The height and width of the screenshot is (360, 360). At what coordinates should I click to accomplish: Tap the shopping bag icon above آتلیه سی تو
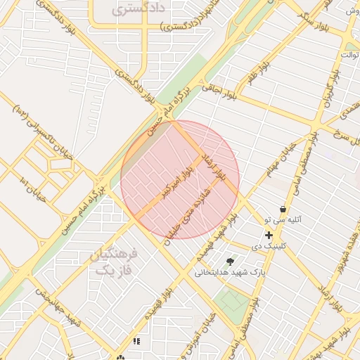tap(283, 209)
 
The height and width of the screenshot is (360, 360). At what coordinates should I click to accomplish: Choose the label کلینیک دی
tap(266, 246)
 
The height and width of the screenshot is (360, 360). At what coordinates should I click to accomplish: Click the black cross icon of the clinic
tap(268, 235)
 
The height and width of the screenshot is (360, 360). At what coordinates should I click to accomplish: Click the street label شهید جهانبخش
tap(60, 309)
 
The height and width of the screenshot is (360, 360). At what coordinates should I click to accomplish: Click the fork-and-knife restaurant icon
tap(136, 341)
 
